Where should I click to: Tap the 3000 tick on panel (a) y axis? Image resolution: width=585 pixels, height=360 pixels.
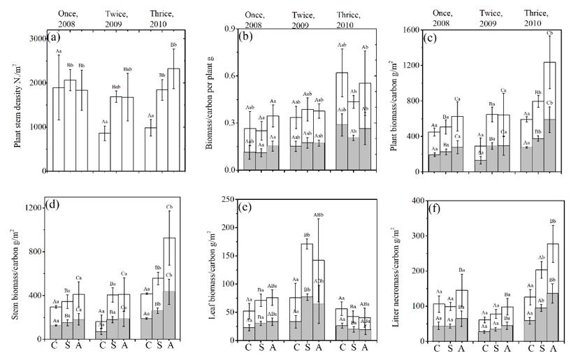[40, 38]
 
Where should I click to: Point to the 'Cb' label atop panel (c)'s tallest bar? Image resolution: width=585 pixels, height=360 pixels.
[549, 33]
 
